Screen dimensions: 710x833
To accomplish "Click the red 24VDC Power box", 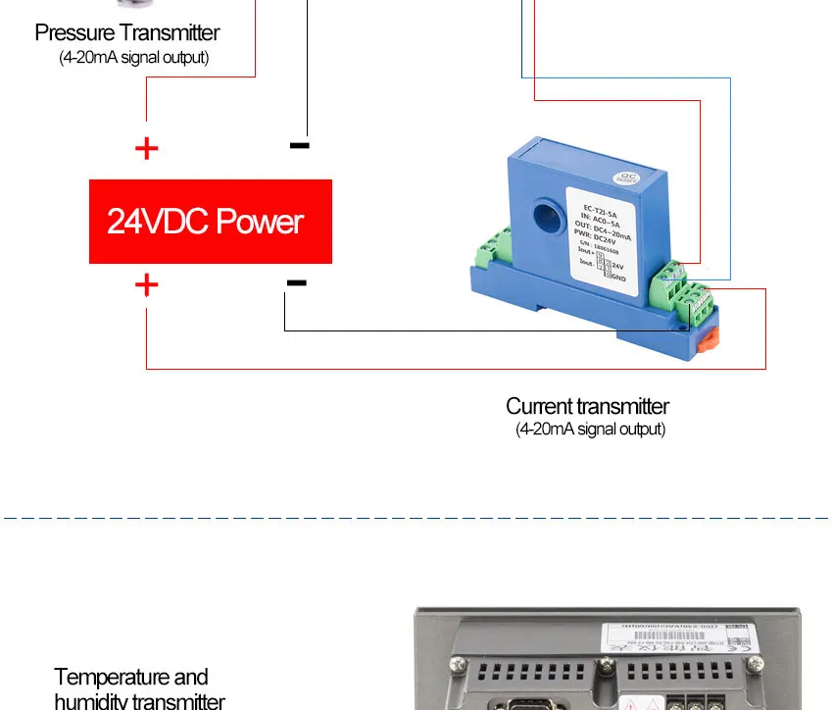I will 211,222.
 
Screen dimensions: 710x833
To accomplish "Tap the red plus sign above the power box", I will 146,149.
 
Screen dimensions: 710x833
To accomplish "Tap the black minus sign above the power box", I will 300,146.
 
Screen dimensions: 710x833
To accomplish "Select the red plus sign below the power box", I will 146,285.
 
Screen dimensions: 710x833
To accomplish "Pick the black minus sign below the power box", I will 297,283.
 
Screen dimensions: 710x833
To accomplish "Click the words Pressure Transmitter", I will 127,33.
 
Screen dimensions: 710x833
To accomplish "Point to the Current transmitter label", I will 587,406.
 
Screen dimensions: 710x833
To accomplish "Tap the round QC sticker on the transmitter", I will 625,178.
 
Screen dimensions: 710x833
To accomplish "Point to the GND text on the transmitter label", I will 618,278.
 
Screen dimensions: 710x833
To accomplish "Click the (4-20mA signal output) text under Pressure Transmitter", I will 134,58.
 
